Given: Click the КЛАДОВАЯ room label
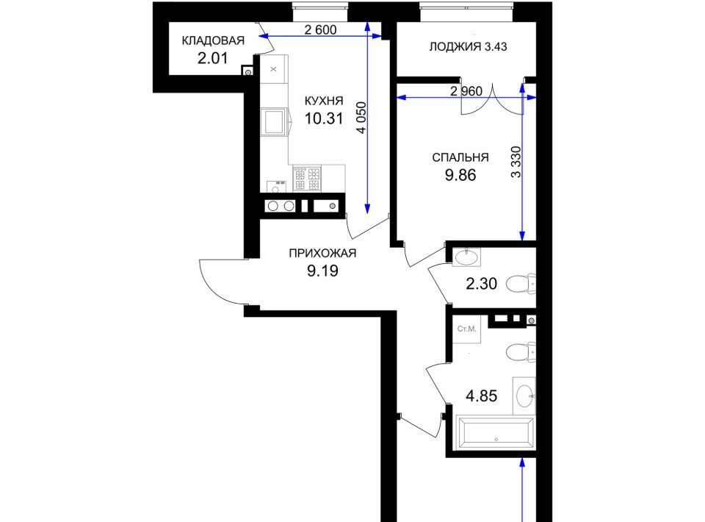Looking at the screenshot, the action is tap(213, 40).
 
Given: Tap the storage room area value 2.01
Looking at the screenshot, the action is tap(213, 58).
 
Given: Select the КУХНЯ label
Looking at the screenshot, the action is tap(324, 100).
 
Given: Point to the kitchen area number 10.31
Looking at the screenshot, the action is tap(324, 118).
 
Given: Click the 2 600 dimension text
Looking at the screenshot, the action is tap(320, 29).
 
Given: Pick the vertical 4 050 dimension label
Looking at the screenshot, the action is tap(361, 118).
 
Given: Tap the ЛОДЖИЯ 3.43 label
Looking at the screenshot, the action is tap(468, 46).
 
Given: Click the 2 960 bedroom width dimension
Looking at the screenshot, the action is tap(466, 91).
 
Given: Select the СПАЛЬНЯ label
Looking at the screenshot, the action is tap(460, 157).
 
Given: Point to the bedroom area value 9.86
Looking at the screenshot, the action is tap(460, 176).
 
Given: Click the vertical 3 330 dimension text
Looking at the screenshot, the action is tap(516, 162).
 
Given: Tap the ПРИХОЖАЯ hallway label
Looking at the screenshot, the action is tap(322, 254).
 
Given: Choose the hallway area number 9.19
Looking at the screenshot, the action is tap(322, 271).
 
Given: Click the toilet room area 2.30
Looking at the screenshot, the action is tap(482, 284).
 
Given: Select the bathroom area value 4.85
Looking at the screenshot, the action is tap(482, 396).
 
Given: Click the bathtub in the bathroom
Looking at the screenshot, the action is tap(495, 432).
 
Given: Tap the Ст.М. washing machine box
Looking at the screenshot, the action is tap(467, 329).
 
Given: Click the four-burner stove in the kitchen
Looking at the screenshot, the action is tap(307, 178).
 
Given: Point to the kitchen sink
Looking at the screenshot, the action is tap(274, 122).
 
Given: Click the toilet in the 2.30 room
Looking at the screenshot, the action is tap(521, 284).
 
